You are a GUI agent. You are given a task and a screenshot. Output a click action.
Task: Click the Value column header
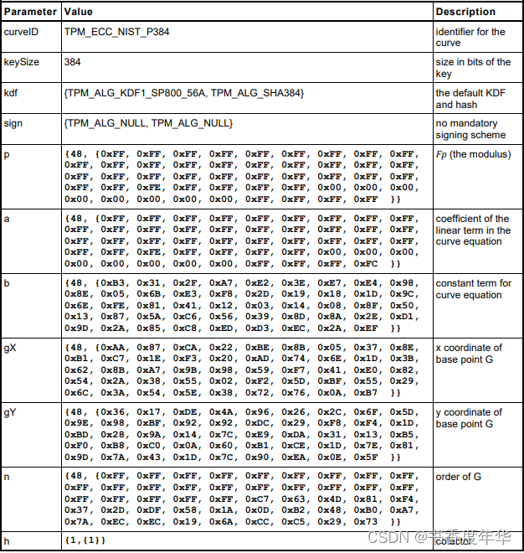(x=79, y=12)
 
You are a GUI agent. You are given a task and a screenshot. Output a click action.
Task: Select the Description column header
(x=465, y=12)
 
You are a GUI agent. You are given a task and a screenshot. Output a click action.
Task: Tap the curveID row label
(x=22, y=32)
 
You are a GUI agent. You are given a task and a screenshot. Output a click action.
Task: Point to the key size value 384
(x=73, y=62)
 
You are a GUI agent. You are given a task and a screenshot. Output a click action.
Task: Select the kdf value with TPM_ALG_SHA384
(x=183, y=93)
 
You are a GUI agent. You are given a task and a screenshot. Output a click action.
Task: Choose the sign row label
(x=13, y=123)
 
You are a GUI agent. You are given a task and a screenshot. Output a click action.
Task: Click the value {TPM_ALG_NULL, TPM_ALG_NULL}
(x=148, y=123)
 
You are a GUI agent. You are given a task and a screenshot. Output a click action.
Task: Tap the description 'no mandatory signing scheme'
(x=470, y=129)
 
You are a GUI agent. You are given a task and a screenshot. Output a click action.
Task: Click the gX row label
(x=12, y=348)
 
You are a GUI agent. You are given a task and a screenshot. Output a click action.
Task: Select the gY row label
(x=12, y=412)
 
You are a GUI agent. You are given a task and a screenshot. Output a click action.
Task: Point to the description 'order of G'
(x=460, y=477)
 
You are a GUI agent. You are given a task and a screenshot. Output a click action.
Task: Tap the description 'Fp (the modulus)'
(x=473, y=154)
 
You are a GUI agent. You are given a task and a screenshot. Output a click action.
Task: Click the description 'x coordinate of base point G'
(x=469, y=354)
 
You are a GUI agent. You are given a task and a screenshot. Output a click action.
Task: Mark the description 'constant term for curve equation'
(x=473, y=289)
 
